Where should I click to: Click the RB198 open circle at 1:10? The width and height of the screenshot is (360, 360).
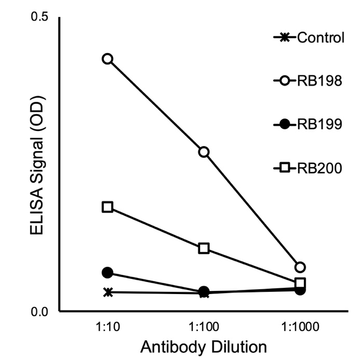108,59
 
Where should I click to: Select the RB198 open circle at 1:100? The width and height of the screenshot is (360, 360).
204,152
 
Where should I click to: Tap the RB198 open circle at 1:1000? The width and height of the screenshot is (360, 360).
300,267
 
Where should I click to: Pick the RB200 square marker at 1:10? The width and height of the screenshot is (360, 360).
108,207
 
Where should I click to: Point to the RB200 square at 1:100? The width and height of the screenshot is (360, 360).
204,248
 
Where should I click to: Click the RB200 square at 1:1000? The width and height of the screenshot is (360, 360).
300,283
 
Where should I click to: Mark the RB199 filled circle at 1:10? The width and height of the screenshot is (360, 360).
108,273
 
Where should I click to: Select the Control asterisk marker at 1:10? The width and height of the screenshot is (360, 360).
108,292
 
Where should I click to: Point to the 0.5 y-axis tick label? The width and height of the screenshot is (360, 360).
39,17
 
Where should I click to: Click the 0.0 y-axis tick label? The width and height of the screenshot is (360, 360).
39,312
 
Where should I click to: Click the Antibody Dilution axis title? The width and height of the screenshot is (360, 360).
204,346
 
